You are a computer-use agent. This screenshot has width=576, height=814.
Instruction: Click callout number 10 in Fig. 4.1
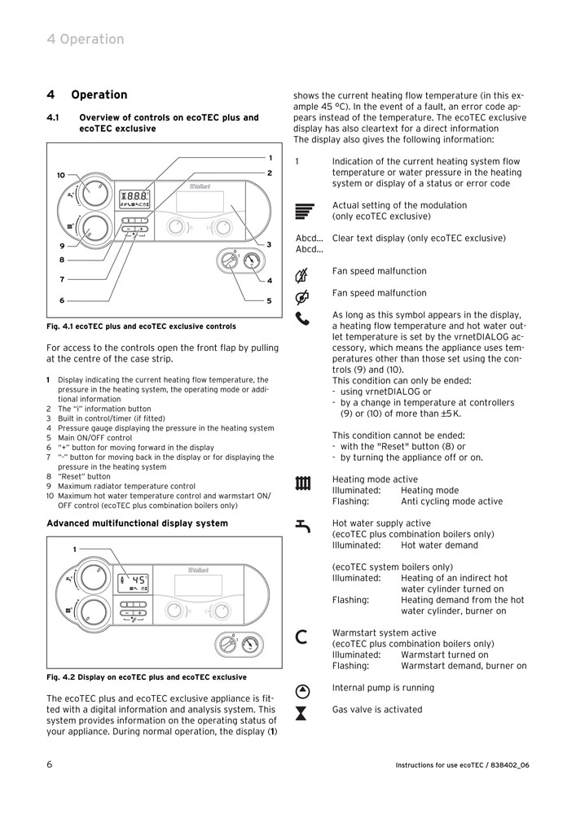[61, 175]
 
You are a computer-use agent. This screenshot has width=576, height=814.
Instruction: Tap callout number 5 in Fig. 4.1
[269, 300]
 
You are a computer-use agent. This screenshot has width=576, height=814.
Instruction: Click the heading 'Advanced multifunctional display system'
[137, 523]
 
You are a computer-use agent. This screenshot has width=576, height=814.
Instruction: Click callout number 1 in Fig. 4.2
[74, 549]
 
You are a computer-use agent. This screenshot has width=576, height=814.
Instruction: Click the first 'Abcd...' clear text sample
[309, 239]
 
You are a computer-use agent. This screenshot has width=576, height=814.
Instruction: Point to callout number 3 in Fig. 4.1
[269, 244]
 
